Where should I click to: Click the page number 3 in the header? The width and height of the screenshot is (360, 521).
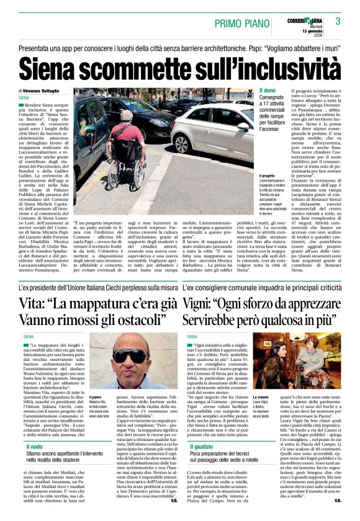click(338, 22)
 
